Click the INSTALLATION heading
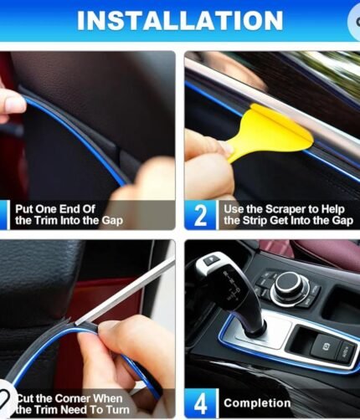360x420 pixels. tap(180, 21)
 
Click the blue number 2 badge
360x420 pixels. tap(200, 215)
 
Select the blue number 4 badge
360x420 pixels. tap(200, 403)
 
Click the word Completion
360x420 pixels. tap(257, 403)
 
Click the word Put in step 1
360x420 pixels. tap(24, 209)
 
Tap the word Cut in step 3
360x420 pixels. tap(26, 398)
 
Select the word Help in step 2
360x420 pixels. tap(333, 209)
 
